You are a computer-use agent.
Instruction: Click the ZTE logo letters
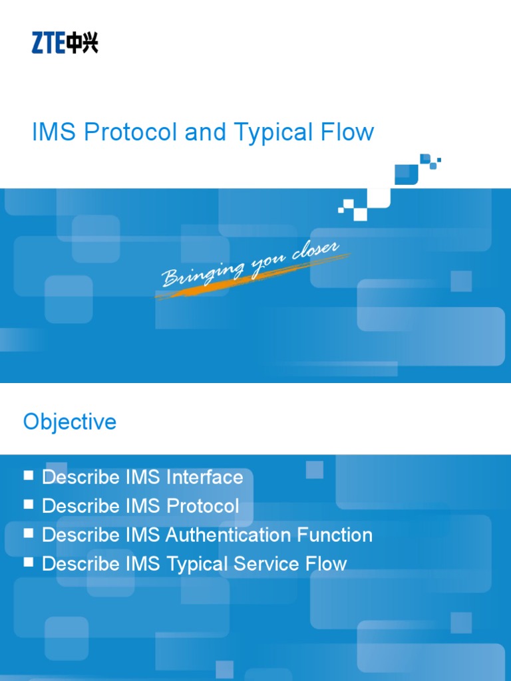tap(49, 44)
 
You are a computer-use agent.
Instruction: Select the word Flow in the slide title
tap(351, 132)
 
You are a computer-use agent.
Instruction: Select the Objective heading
tap(70, 422)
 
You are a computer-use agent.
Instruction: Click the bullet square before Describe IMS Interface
tap(29, 476)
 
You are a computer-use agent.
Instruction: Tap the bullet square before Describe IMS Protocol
tap(29, 504)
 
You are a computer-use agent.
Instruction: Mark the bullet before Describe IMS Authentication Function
tap(29, 533)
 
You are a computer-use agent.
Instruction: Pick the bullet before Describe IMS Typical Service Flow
tap(29, 562)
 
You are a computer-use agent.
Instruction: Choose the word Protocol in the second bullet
tap(202, 506)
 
